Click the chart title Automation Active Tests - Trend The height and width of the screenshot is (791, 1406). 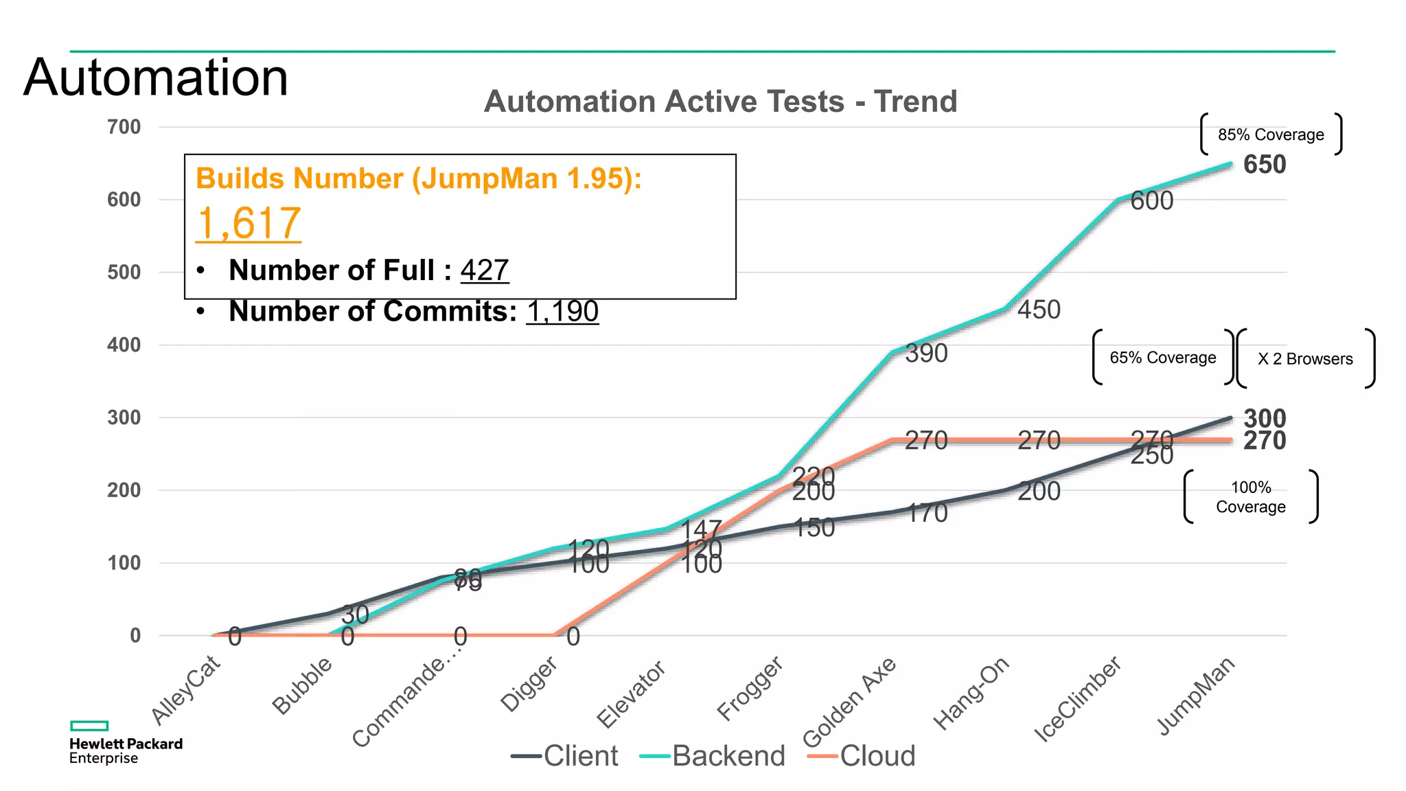coord(720,102)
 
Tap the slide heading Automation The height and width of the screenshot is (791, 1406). coord(156,77)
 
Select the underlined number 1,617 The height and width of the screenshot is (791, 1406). coord(248,223)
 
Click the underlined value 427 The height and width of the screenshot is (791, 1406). coord(484,270)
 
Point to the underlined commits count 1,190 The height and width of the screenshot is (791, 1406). coord(562,311)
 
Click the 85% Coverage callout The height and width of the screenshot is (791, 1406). coord(1271,135)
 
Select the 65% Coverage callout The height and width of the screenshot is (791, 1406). coord(1162,358)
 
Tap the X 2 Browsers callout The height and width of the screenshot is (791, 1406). coord(1304,359)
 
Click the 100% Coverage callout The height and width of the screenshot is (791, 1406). coord(1250,497)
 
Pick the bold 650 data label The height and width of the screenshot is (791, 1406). coord(1264,165)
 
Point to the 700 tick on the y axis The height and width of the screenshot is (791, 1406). coord(124,127)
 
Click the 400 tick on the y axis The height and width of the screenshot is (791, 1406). coord(124,345)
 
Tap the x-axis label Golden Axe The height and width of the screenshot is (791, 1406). coord(850,701)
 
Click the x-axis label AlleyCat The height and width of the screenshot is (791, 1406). coord(186,689)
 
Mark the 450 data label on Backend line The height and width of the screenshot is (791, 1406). coord(1038,310)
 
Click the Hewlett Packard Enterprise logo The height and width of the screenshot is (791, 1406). coord(126,743)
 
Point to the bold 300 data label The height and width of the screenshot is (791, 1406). coord(1264,417)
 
